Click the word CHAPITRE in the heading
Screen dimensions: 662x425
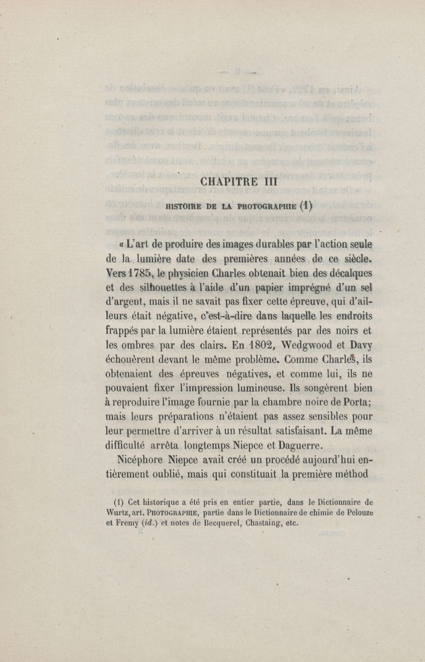(x=229, y=182)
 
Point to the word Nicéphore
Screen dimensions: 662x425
(x=141, y=458)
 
